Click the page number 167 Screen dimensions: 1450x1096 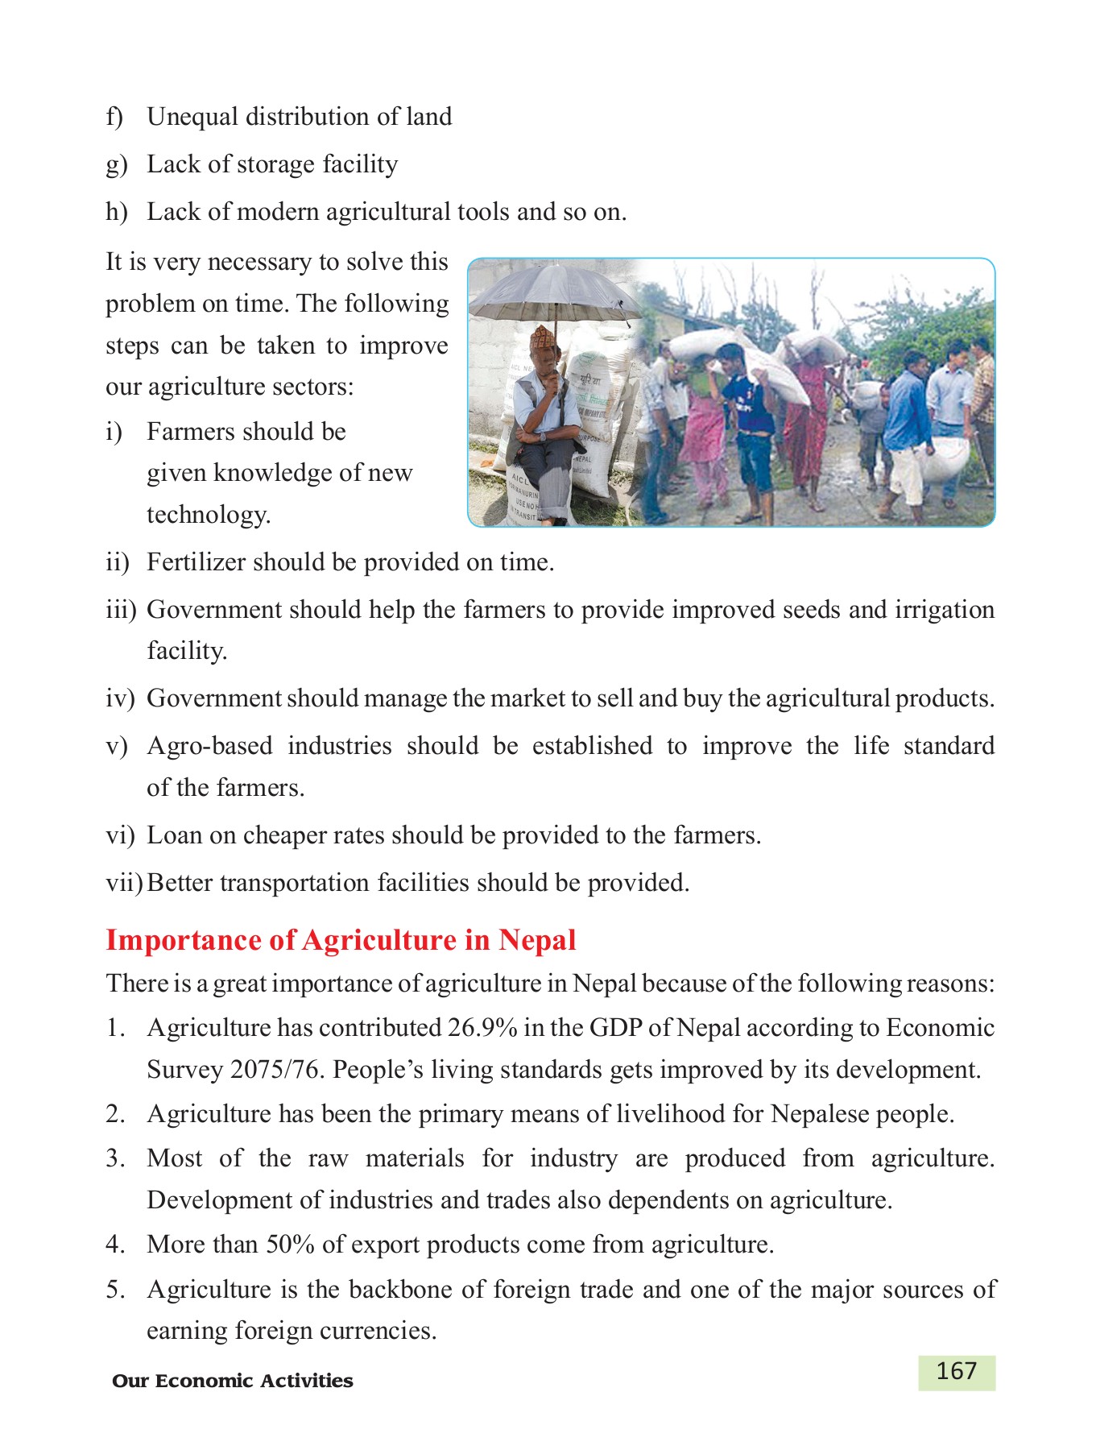point(956,1372)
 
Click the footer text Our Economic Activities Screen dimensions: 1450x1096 point(233,1381)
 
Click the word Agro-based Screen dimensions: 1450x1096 point(209,746)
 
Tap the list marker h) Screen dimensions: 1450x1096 point(117,212)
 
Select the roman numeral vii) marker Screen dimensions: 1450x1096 point(123,883)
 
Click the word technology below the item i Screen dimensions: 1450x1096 point(208,515)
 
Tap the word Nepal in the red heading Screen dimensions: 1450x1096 point(537,941)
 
